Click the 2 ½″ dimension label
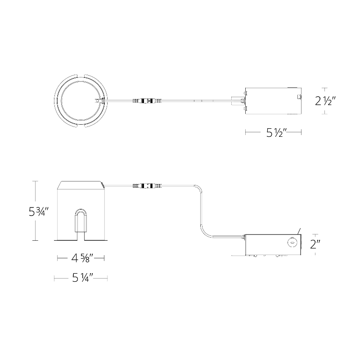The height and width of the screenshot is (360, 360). (325, 101)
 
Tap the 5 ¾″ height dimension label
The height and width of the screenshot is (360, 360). (39, 211)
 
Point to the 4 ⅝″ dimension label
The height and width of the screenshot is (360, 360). (82, 258)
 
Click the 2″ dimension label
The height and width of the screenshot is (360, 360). (315, 244)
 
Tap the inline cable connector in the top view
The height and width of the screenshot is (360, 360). (147, 100)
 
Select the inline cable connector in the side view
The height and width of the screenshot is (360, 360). (147, 185)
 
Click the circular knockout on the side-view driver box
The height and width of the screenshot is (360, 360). (292, 242)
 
